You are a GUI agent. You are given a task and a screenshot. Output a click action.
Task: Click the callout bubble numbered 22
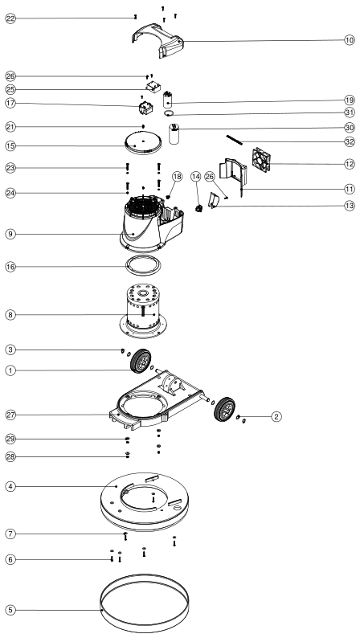coord(10,18)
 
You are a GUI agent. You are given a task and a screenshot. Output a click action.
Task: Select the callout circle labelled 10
coord(350,40)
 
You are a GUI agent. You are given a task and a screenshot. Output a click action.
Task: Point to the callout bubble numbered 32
coord(350,141)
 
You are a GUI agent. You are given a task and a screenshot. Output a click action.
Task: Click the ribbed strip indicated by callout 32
coord(235,140)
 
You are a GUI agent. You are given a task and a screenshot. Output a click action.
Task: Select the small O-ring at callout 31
coord(170,113)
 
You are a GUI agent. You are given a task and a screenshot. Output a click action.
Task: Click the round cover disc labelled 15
coord(143,143)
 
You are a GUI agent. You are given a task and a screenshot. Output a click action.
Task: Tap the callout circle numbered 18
coord(177,177)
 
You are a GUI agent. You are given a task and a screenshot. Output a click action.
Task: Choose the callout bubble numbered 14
coord(196,177)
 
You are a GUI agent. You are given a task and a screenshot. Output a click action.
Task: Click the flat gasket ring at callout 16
coord(143,266)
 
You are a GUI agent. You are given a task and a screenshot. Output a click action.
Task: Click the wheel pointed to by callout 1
coord(141,361)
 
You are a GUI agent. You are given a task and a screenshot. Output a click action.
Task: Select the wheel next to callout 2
coord(224,409)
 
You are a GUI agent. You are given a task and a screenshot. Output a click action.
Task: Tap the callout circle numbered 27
coord(10,415)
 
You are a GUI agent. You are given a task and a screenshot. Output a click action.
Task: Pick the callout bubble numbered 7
coord(10,534)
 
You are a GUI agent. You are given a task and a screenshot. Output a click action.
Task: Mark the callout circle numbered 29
coord(10,439)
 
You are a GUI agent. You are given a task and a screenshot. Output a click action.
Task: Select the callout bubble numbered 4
coord(10,486)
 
